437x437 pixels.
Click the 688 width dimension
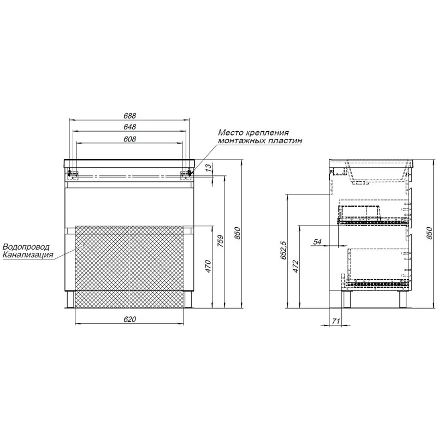point(129,115)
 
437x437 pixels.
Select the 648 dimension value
point(129,127)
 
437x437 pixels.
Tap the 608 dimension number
point(129,139)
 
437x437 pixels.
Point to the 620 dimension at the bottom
point(129,319)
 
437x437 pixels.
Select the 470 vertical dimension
point(209,266)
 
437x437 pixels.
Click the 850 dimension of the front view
point(237,234)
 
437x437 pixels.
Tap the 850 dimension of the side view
point(429,234)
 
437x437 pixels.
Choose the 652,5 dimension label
point(283,250)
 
